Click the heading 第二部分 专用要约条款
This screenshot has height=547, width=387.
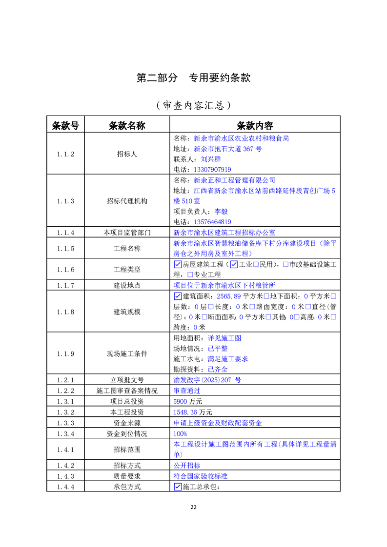click(x=193, y=78)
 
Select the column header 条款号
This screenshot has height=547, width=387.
click(x=65, y=125)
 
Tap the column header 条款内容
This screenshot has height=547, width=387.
click(x=254, y=125)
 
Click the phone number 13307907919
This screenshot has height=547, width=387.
click(x=212, y=170)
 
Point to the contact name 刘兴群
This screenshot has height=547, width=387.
click(x=211, y=159)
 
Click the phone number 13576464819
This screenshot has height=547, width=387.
click(x=212, y=222)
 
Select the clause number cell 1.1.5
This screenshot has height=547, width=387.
click(x=65, y=249)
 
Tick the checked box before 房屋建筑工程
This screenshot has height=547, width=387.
click(x=178, y=265)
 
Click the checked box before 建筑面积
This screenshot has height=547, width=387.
click(x=178, y=296)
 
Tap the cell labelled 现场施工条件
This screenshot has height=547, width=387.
click(x=127, y=353)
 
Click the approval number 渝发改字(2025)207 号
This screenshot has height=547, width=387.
click(x=207, y=380)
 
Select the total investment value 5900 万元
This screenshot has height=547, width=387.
click(x=187, y=401)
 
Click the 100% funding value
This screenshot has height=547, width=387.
click(x=181, y=433)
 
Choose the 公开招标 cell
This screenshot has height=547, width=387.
click(x=187, y=466)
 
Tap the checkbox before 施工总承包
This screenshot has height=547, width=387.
click(x=178, y=487)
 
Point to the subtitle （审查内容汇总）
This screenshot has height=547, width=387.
click(x=193, y=105)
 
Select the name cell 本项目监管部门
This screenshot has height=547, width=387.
click(x=127, y=233)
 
